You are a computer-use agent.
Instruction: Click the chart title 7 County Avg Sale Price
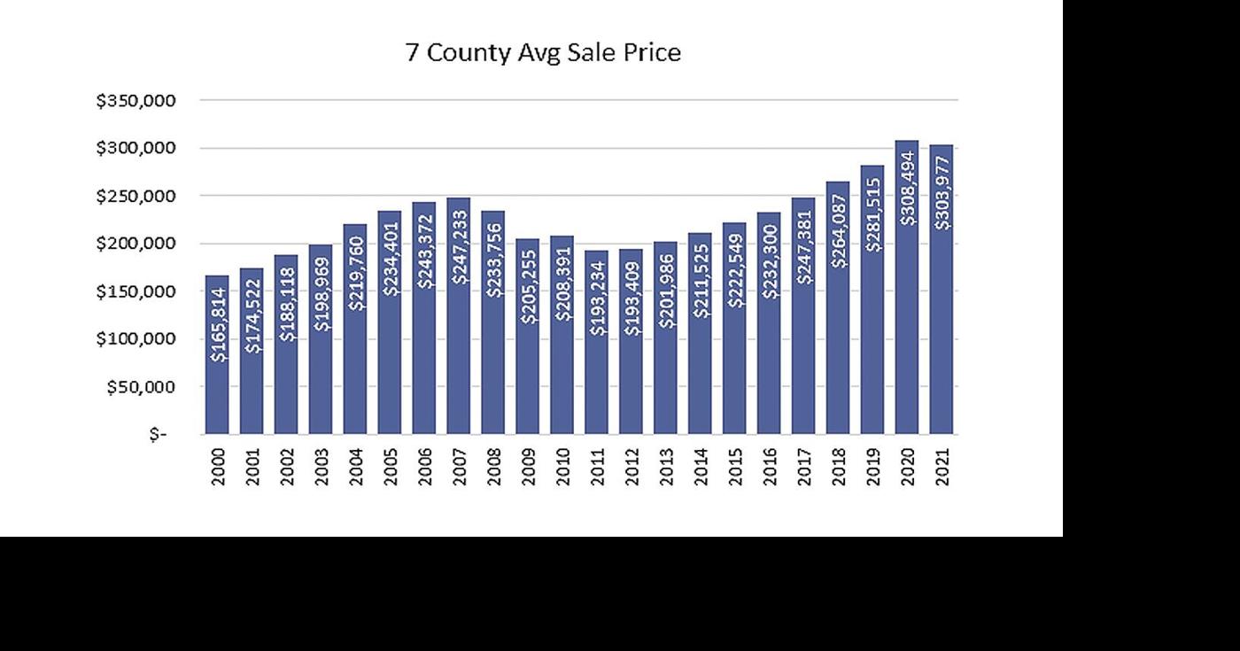[543, 53]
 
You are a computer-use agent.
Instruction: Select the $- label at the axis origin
[159, 435]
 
